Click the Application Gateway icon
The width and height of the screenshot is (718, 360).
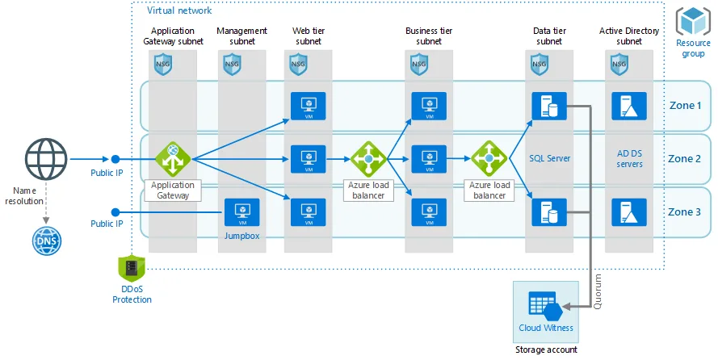click(171, 159)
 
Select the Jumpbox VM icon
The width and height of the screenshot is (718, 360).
click(241, 212)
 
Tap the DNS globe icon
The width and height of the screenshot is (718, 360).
click(44, 240)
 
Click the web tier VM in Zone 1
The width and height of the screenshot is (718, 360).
click(308, 106)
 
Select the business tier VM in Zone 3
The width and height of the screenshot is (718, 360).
click(429, 212)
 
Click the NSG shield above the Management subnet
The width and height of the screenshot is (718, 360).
click(233, 64)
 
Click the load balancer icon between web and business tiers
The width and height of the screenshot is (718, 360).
click(369, 159)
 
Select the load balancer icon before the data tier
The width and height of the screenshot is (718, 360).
click(489, 159)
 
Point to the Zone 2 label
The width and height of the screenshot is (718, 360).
click(685, 158)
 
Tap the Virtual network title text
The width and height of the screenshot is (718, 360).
click(179, 10)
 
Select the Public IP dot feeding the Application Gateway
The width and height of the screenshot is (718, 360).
click(115, 160)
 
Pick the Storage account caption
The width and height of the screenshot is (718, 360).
click(546, 350)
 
